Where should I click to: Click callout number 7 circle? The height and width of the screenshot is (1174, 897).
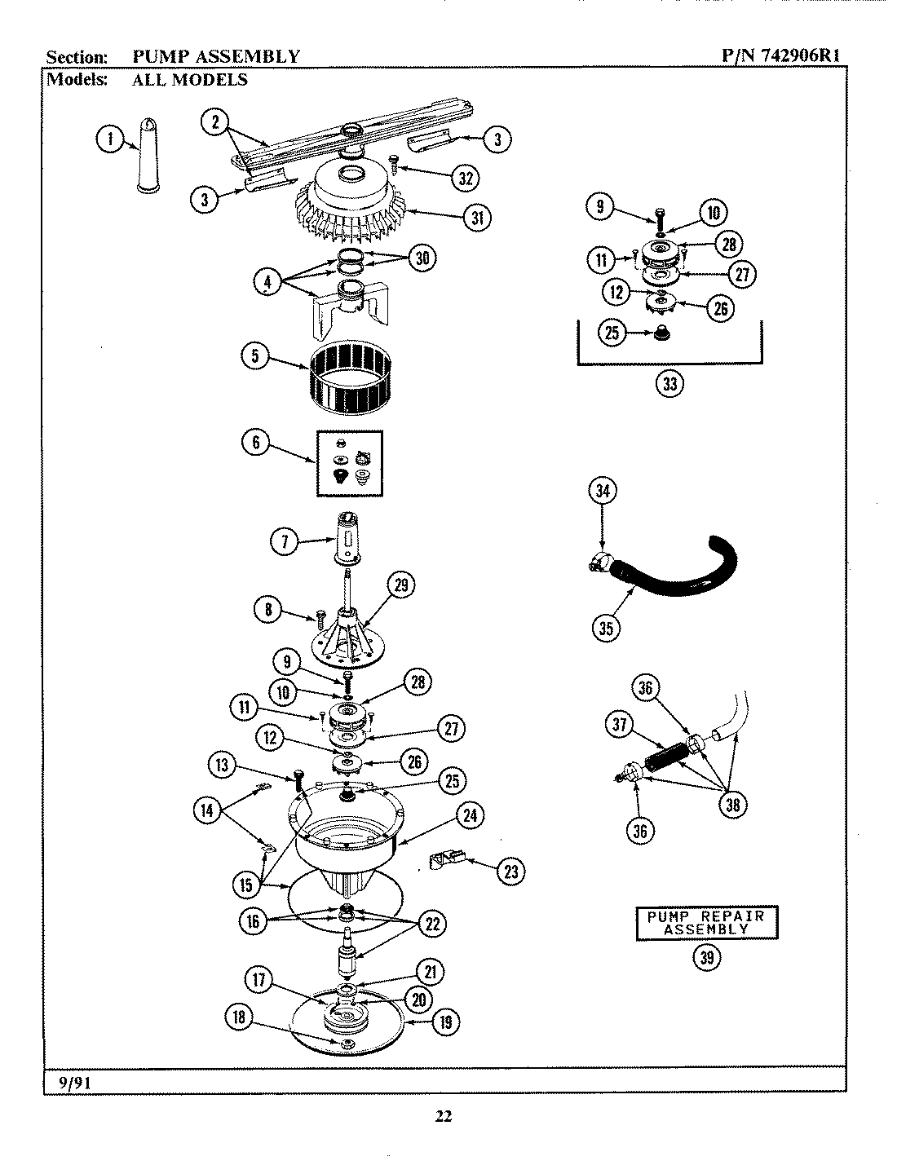pyautogui.click(x=285, y=541)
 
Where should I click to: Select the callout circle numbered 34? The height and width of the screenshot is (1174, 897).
pyautogui.click(x=603, y=491)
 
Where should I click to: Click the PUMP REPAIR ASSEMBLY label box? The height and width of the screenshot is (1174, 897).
pyautogui.click(x=706, y=922)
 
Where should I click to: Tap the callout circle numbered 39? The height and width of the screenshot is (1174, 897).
pyautogui.click(x=706, y=959)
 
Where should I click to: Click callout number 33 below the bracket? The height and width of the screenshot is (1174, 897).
pyautogui.click(x=669, y=384)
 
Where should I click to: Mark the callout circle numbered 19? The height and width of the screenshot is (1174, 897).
pyautogui.click(x=445, y=1022)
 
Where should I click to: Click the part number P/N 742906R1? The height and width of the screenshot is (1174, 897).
pyautogui.click(x=780, y=55)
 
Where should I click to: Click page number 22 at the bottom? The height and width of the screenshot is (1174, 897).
pyautogui.click(x=443, y=1117)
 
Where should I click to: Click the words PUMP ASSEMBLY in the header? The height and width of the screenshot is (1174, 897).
pyautogui.click(x=216, y=56)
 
